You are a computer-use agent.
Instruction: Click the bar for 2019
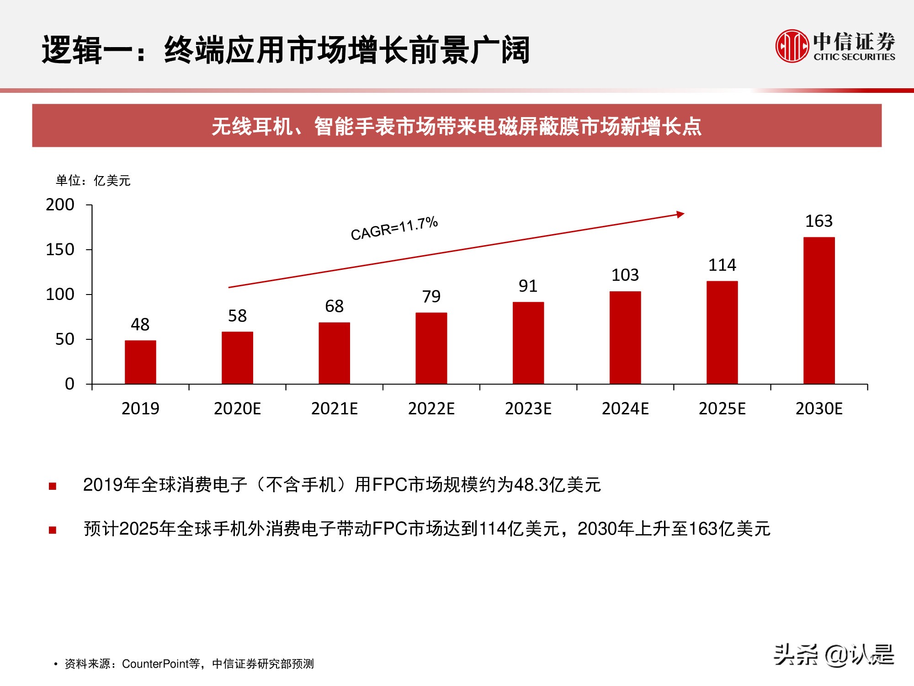140,362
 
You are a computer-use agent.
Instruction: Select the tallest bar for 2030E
819,311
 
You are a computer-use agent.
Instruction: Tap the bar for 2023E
528,343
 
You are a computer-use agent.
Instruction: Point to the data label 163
819,221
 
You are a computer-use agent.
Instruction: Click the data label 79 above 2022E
431,297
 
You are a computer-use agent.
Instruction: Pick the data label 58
237,316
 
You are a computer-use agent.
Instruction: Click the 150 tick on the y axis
60,250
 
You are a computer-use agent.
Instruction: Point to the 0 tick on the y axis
69,384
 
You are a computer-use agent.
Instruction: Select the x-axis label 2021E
334,408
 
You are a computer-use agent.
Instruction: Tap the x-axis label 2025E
722,408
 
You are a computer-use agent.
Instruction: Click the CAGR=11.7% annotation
394,228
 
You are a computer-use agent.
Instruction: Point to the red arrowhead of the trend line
680,214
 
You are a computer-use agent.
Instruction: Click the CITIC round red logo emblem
792,46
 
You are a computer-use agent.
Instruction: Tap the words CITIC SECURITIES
854,57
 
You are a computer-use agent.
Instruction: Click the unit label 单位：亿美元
93,181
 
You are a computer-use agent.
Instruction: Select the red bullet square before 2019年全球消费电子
53,486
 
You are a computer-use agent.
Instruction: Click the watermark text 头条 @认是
834,655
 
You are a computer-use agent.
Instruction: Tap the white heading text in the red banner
456,126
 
